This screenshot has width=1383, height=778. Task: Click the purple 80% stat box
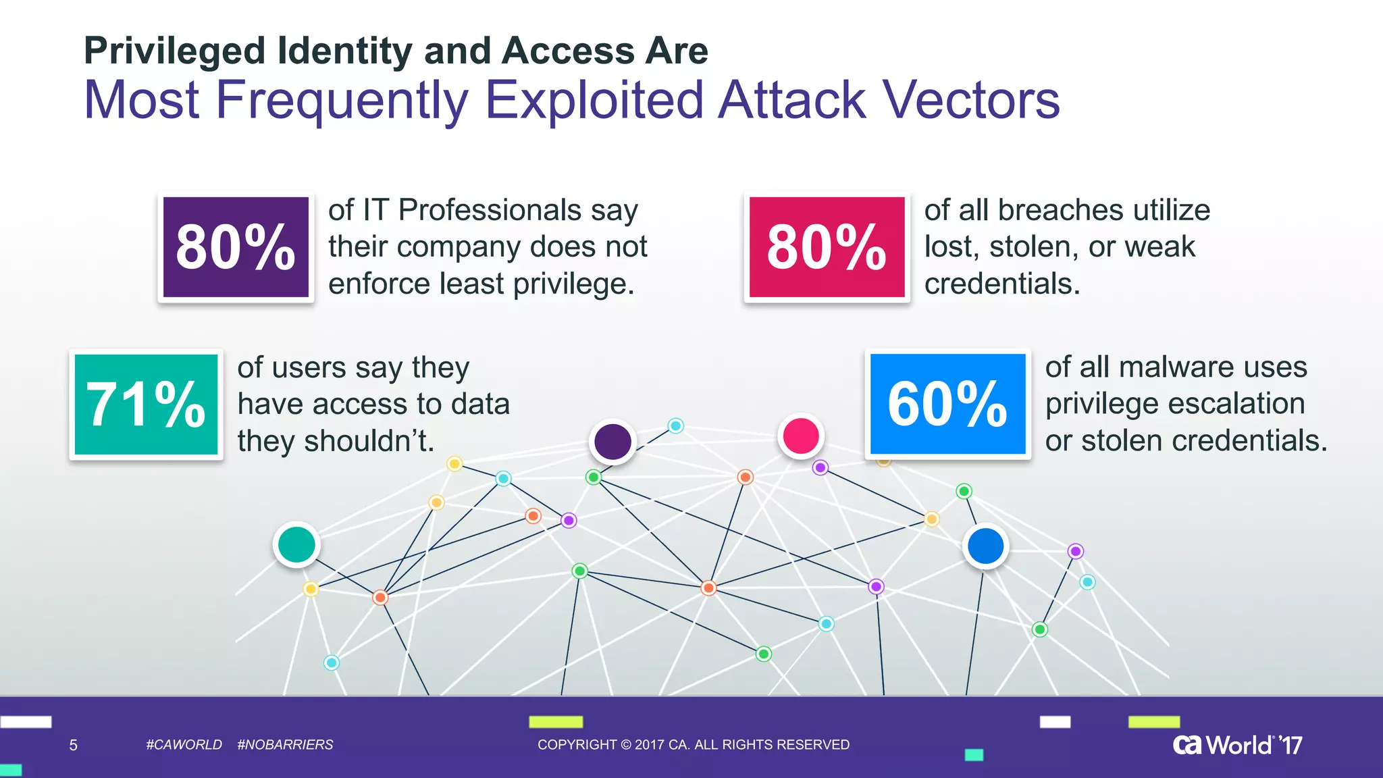click(236, 247)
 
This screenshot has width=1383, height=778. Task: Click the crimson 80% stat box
click(827, 247)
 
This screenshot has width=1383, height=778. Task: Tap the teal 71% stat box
click(146, 404)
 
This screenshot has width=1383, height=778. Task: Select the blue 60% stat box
click(947, 404)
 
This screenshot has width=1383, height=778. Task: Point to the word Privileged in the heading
click(175, 51)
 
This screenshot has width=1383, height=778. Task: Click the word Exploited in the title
click(594, 100)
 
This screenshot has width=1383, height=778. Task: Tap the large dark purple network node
click(612, 442)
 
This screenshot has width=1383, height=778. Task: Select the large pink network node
click(801, 436)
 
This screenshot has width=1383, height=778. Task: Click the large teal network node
click(296, 544)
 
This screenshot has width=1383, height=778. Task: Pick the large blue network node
click(985, 546)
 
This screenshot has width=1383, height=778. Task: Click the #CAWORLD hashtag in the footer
click(184, 745)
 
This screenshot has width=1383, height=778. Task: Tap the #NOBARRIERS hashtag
click(285, 745)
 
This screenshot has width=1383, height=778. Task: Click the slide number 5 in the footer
click(74, 746)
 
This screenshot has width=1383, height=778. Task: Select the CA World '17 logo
click(1237, 745)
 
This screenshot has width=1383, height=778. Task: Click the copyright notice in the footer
click(693, 745)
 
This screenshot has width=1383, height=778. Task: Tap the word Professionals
click(490, 210)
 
